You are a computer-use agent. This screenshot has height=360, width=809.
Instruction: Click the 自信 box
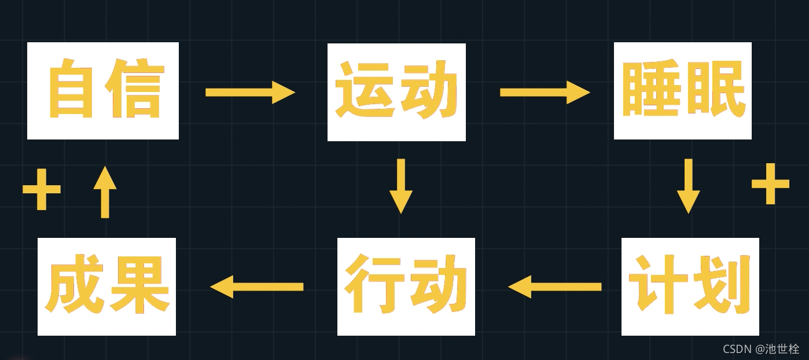click(x=103, y=91)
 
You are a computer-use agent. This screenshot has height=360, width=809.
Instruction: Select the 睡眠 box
click(x=682, y=91)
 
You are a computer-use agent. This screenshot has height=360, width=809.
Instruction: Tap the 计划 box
click(x=690, y=286)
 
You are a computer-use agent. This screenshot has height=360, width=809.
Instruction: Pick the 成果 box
click(x=106, y=286)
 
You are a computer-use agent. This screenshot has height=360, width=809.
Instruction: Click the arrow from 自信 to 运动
click(x=250, y=92)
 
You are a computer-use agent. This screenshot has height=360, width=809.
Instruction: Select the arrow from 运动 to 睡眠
click(x=545, y=92)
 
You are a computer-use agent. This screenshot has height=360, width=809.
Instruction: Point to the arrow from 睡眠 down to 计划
click(x=688, y=186)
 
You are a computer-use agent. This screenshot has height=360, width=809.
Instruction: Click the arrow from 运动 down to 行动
click(x=400, y=186)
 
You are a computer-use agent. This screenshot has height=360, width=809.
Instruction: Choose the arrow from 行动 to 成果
click(x=256, y=286)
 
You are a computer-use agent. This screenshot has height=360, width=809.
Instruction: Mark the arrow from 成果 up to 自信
click(x=105, y=192)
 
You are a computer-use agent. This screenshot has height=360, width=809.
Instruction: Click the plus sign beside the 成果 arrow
click(x=42, y=189)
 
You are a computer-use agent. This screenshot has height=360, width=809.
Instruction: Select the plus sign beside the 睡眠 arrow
click(x=770, y=183)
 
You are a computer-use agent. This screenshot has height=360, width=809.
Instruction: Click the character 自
click(x=71, y=90)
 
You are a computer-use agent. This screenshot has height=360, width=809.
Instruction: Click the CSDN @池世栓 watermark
click(x=761, y=349)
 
